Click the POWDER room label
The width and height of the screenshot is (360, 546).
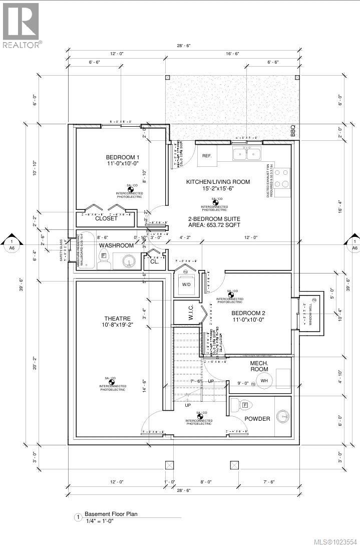[257, 419]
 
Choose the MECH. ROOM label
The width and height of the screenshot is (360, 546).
[259, 366]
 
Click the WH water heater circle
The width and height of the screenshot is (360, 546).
[264, 381]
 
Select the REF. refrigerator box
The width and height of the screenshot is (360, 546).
[207, 156]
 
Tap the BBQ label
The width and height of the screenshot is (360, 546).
[293, 131]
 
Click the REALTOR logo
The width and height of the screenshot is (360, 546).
[21, 25]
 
